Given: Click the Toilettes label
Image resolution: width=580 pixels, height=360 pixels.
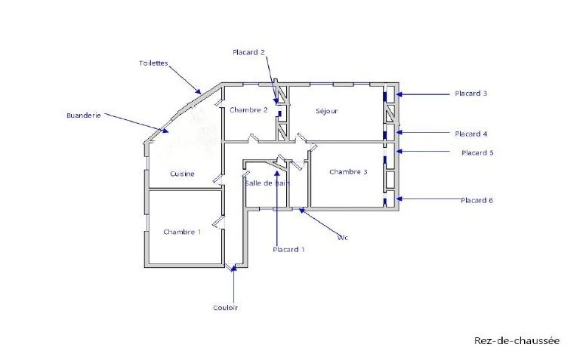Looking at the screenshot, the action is click(153, 63).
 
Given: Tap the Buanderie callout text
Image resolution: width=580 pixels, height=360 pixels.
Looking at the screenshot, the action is click(84, 115).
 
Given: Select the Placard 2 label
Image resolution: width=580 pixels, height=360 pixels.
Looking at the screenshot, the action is click(248, 52).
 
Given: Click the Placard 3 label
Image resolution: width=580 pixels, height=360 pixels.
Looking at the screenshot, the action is click(471, 94).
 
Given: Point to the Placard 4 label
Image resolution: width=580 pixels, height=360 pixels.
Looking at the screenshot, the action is click(471, 134).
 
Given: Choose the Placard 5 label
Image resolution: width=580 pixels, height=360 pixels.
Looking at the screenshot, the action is click(477, 152).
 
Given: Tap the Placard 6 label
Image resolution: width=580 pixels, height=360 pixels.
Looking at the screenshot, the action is click(477, 200).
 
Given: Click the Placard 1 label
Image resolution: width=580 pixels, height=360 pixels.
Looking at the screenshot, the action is click(288, 250).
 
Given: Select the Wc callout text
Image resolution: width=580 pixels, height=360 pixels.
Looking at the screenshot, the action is click(343, 237).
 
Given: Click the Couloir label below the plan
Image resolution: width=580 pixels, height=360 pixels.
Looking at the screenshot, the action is click(225, 307).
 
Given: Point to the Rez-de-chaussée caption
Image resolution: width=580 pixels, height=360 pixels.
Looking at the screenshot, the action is click(517, 340).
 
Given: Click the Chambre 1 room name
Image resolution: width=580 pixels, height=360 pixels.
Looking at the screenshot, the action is click(182, 232).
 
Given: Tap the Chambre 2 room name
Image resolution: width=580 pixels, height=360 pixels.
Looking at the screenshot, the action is click(248, 109).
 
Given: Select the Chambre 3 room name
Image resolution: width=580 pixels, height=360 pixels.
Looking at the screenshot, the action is click(348, 172).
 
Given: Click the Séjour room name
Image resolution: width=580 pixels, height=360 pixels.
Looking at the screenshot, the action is click(326, 111).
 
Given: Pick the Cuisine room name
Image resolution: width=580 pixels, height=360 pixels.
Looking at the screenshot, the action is click(182, 174).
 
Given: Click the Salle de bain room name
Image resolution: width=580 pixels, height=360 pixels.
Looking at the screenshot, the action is click(267, 183).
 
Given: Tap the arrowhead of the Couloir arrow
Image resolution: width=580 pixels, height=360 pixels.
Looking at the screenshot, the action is click(233, 269).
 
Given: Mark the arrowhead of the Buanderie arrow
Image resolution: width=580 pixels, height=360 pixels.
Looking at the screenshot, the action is click(165, 130).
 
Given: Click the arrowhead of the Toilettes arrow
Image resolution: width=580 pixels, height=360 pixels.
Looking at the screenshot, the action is click(199, 91).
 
